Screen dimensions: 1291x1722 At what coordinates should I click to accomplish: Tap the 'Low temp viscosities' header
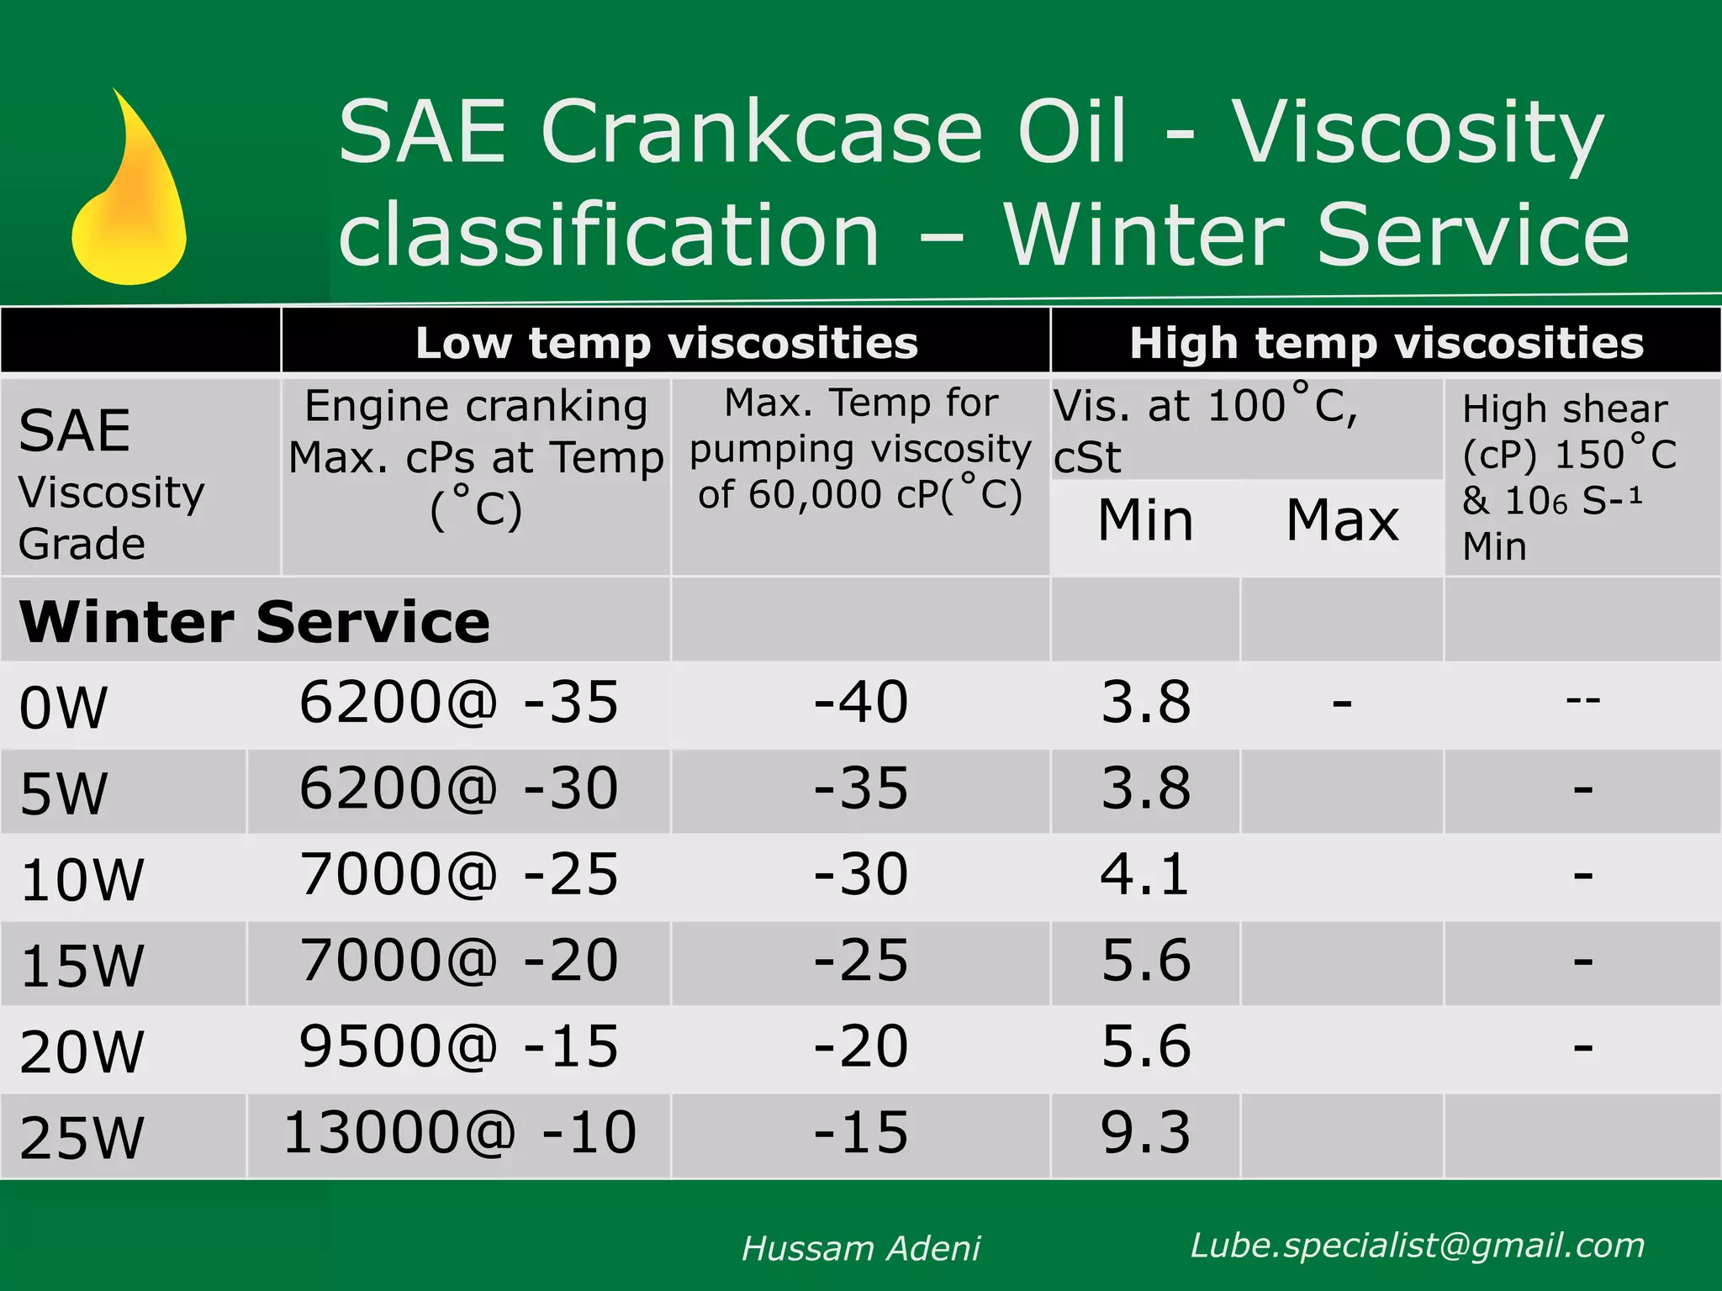pyautogui.click(x=666, y=343)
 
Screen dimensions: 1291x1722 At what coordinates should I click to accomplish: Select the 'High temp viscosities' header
pyautogui.click(x=1386, y=343)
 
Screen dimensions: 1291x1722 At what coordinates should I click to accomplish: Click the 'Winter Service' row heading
pyautogui.click(x=254, y=622)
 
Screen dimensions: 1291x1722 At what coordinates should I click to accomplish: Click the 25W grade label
pyautogui.click(x=82, y=1137)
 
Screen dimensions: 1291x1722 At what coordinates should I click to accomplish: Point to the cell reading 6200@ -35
pyautogui.click(x=459, y=703)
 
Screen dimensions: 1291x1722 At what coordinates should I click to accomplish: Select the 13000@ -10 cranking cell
pyautogui.click(x=459, y=1132)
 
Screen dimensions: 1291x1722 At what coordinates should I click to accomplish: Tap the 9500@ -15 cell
pyautogui.click(x=459, y=1046)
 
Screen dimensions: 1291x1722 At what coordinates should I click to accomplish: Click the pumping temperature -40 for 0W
pyautogui.click(x=860, y=703)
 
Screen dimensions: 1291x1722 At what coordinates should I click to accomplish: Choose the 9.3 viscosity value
pyautogui.click(x=1145, y=1132)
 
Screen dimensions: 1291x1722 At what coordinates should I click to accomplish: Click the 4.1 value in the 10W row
pyautogui.click(x=1145, y=874)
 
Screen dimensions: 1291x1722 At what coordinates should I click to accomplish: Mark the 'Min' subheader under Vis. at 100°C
pyautogui.click(x=1145, y=520)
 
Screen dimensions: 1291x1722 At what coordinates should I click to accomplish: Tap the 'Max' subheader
pyautogui.click(x=1342, y=520)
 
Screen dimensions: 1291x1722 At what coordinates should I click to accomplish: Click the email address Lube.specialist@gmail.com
pyautogui.click(x=1418, y=1246)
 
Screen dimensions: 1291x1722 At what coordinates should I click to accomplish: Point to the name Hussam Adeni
pyautogui.click(x=860, y=1249)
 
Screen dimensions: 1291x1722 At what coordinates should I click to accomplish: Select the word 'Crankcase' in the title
pyautogui.click(x=761, y=132)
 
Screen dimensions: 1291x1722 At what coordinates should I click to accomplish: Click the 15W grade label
pyautogui.click(x=82, y=966)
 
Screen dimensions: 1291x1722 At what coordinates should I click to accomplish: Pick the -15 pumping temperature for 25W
pyautogui.click(x=860, y=1132)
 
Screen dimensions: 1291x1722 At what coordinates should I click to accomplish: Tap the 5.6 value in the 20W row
pyautogui.click(x=1145, y=1046)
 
